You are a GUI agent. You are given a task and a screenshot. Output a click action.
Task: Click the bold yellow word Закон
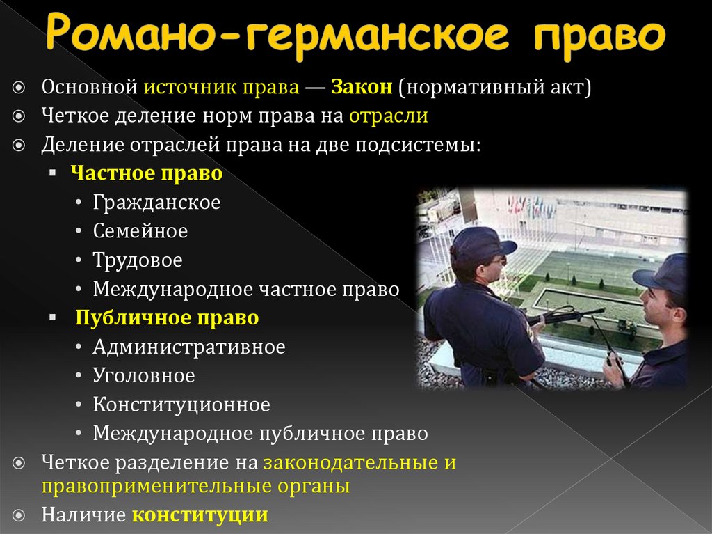pos(362,88)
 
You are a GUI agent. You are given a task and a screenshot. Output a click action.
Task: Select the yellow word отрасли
pos(388,116)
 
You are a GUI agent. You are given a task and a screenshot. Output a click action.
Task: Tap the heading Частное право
pos(147,173)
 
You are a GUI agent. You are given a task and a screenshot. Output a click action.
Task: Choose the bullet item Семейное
pos(140,231)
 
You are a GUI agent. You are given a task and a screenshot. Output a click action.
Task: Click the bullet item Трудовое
pos(138,260)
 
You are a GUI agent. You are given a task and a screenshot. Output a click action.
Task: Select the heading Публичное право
pos(167,318)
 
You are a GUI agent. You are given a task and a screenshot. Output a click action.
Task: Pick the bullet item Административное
pos(189,347)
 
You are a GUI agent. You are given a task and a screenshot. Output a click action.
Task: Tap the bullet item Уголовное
pos(144,376)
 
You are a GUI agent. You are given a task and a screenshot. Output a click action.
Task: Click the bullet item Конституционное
pos(181,405)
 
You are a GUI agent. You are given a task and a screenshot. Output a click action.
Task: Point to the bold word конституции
pos(200,515)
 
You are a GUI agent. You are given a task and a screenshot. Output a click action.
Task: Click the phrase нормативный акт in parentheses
pos(494,88)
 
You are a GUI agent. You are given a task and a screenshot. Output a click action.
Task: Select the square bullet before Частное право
pos(53,173)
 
